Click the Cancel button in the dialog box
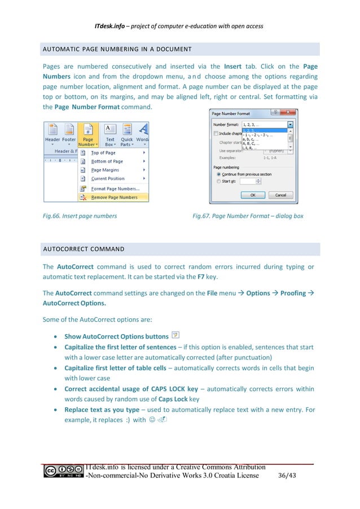pos(280,195)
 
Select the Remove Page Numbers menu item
pos(114,198)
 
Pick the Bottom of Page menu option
pos(107,161)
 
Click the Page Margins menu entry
pos(105,170)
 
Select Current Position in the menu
pos(108,178)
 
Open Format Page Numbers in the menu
pos(115,188)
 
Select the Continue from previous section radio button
pos(218,174)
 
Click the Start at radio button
pos(218,182)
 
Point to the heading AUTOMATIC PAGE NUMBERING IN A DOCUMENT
pos(117,49)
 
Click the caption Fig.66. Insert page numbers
pos(80,216)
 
